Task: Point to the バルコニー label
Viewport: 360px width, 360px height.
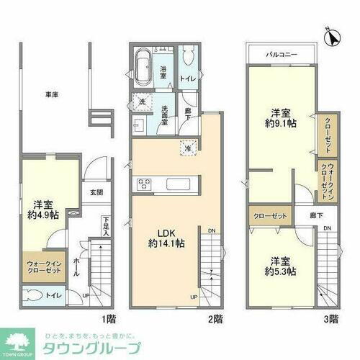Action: point(280,54)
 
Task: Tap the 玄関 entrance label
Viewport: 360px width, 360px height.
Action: point(96,192)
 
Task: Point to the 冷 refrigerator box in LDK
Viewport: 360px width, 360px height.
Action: point(186,148)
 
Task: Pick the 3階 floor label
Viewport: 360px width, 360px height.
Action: point(332,318)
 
